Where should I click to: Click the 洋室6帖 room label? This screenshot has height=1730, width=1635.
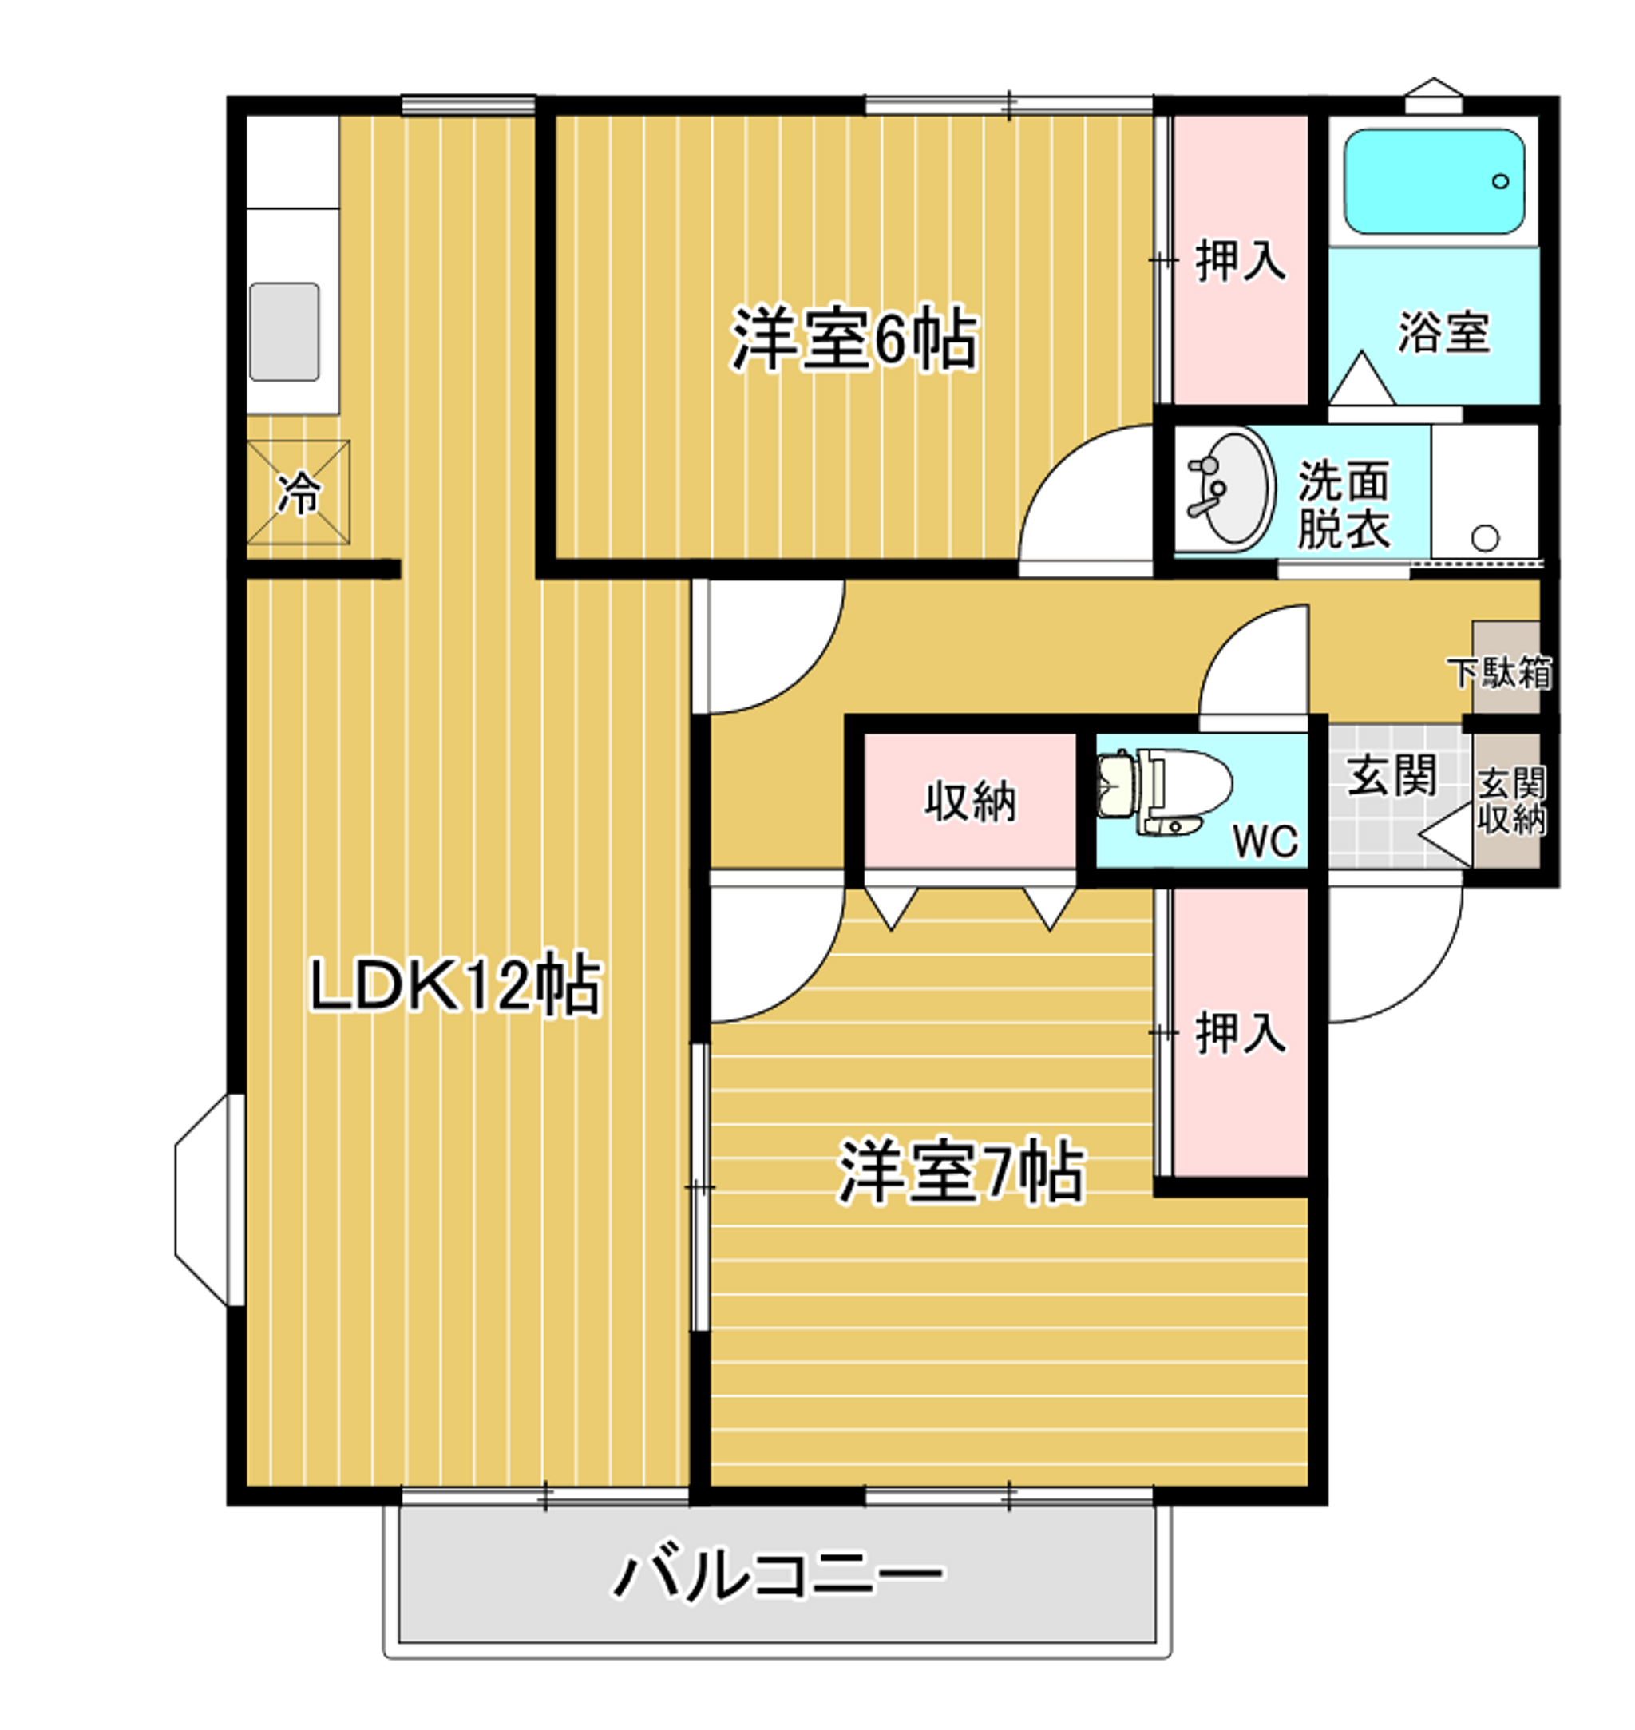click(853, 339)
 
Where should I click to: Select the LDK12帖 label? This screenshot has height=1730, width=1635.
click(455, 985)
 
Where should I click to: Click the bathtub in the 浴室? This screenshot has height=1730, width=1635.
click(1434, 181)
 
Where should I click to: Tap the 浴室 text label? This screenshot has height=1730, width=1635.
click(1443, 332)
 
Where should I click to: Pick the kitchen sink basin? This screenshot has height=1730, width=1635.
click(284, 331)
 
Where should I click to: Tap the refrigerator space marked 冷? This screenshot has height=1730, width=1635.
click(298, 493)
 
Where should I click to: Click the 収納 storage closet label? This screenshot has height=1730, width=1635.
click(970, 801)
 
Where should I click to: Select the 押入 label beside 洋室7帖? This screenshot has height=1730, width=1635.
click(1239, 1033)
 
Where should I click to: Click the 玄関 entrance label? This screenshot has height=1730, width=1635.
click(1391, 776)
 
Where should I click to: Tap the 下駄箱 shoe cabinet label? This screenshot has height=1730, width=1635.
click(1500, 673)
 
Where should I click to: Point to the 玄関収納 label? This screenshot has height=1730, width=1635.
click(1511, 801)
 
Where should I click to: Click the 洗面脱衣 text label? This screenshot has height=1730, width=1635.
click(1343, 504)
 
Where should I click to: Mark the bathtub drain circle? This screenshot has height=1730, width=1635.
click(1501, 181)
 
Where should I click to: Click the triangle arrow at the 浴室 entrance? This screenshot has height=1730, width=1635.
click(1361, 380)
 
